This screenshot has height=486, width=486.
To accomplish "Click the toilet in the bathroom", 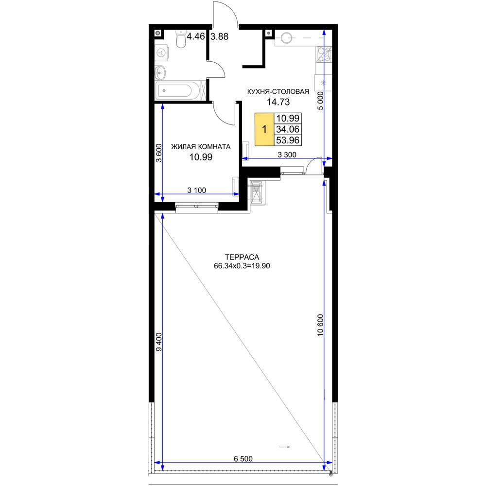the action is (180, 39).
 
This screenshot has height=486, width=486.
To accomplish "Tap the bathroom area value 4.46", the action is (195, 36).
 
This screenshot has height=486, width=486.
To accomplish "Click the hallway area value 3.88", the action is (220, 36).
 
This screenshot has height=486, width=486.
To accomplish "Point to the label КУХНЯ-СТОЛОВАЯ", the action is (278, 92).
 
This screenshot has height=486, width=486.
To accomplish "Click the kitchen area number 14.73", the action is (278, 102).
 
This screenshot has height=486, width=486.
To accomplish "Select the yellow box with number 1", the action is (264, 129).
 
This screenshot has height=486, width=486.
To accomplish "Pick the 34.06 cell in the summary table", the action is (288, 129).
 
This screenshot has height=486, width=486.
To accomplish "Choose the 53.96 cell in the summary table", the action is (288, 140).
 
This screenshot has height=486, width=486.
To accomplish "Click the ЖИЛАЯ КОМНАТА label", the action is (201, 147).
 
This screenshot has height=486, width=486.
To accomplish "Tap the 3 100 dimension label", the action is (196, 190).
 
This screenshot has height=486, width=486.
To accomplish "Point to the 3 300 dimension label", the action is (287, 155).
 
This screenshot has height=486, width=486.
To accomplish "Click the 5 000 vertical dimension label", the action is (320, 101).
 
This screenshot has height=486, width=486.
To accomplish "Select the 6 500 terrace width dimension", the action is (243, 458).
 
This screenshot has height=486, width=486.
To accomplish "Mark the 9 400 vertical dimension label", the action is (159, 342).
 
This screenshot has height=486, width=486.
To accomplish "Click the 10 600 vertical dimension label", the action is (320, 325).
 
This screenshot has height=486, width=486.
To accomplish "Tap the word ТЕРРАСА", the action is (242, 257).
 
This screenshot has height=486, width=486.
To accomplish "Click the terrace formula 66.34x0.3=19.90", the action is (242, 266).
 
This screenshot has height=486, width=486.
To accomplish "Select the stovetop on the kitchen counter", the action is (324, 54).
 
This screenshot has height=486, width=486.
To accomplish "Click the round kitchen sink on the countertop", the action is (286, 38).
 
